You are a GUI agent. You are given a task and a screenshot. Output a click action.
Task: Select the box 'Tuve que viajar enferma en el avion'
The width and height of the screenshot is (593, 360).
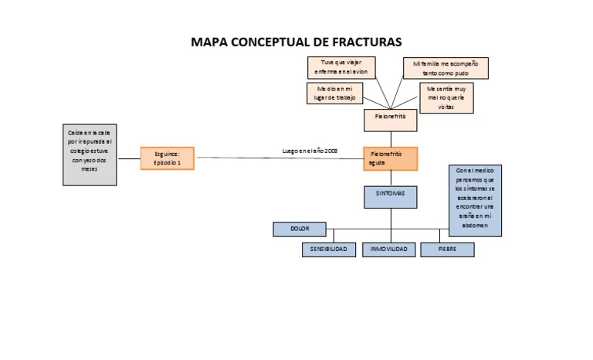340,67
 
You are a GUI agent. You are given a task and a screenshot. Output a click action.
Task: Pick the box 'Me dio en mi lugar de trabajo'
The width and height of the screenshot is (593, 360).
334,93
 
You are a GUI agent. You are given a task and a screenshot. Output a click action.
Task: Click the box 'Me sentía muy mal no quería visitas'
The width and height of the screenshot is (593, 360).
446,98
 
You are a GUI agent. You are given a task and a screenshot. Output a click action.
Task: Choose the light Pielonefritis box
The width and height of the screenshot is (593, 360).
390,119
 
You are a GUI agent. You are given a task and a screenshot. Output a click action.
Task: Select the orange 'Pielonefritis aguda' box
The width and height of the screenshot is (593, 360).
390,158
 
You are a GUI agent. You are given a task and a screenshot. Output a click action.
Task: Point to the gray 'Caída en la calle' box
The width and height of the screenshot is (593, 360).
90,155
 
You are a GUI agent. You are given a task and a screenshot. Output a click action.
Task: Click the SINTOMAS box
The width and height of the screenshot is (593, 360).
390,196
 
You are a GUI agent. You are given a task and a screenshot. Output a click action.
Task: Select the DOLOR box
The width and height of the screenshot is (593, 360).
300,229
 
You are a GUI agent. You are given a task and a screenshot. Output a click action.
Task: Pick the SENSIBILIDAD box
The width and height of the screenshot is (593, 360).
329,250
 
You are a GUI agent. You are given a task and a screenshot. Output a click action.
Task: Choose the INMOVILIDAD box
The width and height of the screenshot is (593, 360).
390,250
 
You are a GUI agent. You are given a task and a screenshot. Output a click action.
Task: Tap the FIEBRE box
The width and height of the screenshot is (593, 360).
447,250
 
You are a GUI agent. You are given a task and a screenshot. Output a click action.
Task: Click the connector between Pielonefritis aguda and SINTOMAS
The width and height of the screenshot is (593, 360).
391,178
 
